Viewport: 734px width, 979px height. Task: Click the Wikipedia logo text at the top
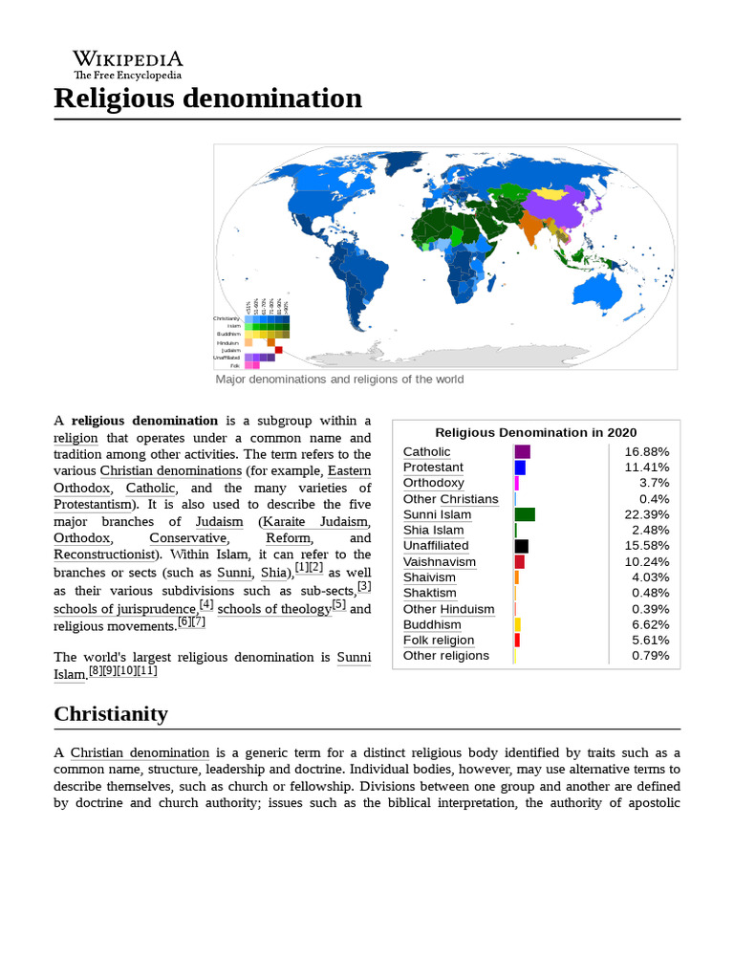(128, 59)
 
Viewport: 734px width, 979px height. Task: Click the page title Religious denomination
(207, 98)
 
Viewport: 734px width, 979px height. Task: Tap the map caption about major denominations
(339, 380)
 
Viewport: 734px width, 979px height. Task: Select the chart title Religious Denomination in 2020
(535, 432)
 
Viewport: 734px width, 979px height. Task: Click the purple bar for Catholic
(522, 451)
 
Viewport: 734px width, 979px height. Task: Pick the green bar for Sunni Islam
(524, 514)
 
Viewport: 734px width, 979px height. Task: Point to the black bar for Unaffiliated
(521, 546)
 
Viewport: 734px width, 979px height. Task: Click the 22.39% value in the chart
(647, 514)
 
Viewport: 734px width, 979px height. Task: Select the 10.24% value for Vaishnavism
(647, 561)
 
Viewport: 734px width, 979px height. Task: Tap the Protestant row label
(433, 468)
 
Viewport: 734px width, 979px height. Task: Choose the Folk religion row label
(438, 641)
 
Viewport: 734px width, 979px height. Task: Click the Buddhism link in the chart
(432, 624)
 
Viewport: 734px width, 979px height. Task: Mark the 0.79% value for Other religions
(650, 656)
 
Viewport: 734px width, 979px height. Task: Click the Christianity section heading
(111, 714)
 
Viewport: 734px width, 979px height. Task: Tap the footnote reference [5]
(338, 604)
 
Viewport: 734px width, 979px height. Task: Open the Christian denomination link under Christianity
(140, 753)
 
